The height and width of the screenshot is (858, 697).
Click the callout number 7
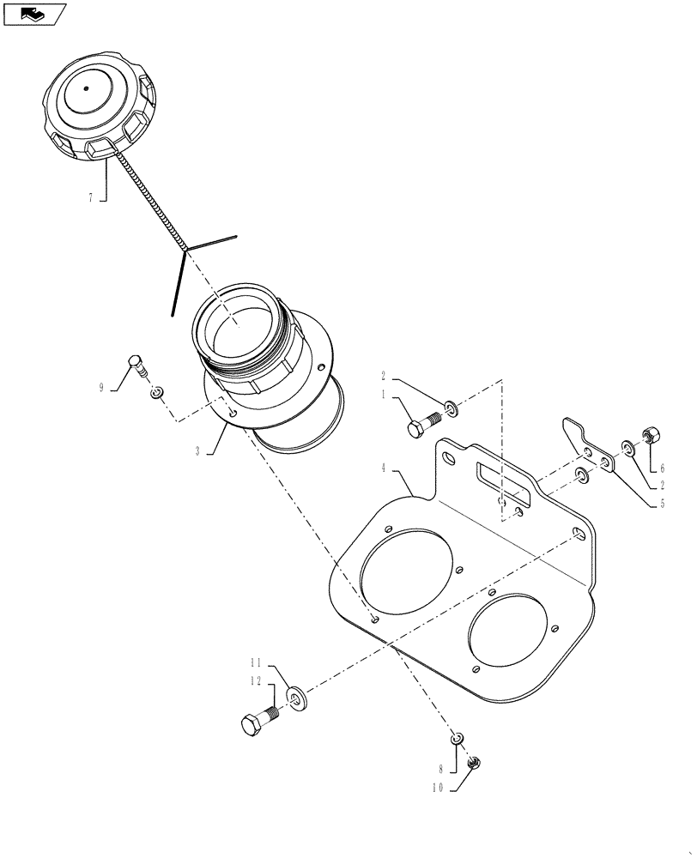(89, 197)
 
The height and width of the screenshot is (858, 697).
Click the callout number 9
(101, 388)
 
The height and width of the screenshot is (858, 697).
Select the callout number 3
(197, 450)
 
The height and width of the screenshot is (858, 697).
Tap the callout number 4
(386, 468)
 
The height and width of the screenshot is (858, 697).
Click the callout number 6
(663, 468)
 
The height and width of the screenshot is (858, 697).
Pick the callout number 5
(663, 505)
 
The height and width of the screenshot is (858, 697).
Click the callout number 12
(256, 681)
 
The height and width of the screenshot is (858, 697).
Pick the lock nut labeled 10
(473, 761)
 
